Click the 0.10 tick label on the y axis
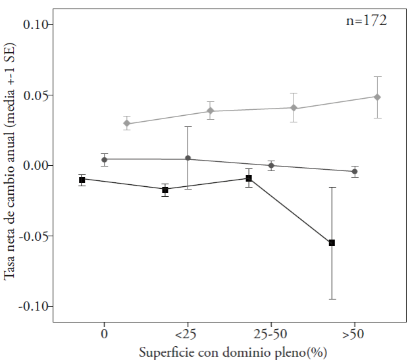pyautogui.click(x=37, y=25)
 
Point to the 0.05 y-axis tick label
pyautogui.click(x=37, y=95)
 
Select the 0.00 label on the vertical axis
pyautogui.click(x=37, y=166)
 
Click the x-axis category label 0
pyautogui.click(x=104, y=334)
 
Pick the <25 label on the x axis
pyautogui.click(x=187, y=334)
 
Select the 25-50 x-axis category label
pyautogui.click(x=270, y=334)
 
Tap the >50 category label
pyautogui.click(x=354, y=334)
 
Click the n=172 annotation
pyautogui.click(x=367, y=20)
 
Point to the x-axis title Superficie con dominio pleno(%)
pyautogui.click(x=233, y=352)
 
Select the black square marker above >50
pyautogui.click(x=332, y=243)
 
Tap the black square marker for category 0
pyautogui.click(x=82, y=180)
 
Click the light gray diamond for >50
pyautogui.click(x=377, y=97)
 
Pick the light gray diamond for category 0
pyautogui.click(x=126, y=123)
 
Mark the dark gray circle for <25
pyautogui.click(x=188, y=159)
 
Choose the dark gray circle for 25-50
pyautogui.click(x=270, y=166)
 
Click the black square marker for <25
pyautogui.click(x=165, y=190)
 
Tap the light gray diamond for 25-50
pyautogui.click(x=294, y=108)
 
